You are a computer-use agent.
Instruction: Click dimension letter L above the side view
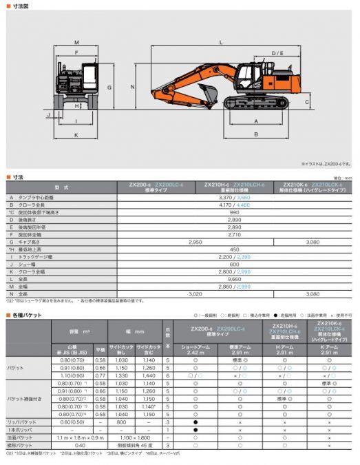[220, 43]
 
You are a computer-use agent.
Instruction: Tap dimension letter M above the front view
[76, 43]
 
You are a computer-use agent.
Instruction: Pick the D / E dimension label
[277, 53]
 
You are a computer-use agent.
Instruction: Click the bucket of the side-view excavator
[206, 92]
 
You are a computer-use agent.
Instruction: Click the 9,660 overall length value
[234, 280]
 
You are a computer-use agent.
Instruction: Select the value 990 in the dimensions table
[234, 212]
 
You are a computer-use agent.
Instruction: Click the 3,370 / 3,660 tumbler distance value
[234, 197]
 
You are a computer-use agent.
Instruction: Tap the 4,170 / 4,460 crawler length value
[234, 205]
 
